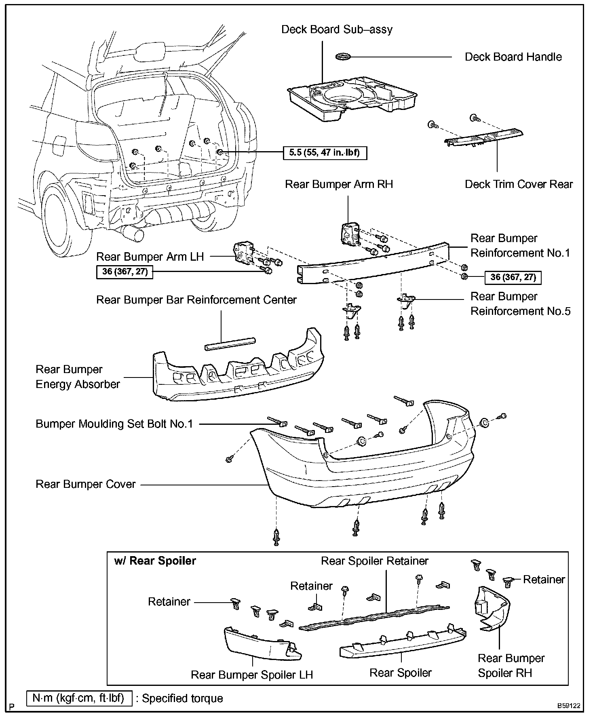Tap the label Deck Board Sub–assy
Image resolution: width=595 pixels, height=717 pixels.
coord(337,30)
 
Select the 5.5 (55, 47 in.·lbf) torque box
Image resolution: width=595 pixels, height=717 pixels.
coord(325,153)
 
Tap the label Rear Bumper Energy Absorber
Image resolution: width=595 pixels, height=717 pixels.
coord(78,377)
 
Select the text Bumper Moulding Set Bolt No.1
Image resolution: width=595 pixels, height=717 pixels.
coord(114,424)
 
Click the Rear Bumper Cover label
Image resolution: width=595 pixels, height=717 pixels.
coord(86,484)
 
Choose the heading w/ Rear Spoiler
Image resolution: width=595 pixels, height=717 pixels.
coord(155,561)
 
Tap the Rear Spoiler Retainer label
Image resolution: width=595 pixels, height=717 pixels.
coord(374,561)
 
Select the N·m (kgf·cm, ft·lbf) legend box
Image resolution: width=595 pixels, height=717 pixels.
coord(79,698)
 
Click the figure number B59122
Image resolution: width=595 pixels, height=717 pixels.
coord(569,706)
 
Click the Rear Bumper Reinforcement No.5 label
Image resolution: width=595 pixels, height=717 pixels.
coord(520,304)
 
